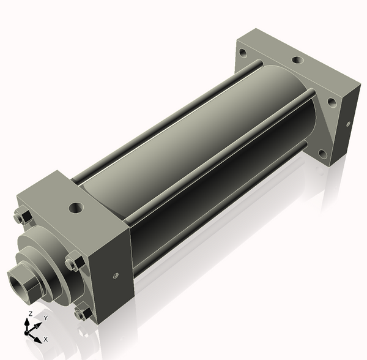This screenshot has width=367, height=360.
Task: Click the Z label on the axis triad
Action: tap(30, 313)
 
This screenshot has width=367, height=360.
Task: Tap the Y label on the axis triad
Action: tap(46, 318)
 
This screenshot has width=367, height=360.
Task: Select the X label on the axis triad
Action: tap(46, 339)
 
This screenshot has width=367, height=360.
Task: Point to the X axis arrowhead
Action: tap(38, 340)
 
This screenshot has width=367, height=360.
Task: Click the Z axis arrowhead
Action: tap(27, 322)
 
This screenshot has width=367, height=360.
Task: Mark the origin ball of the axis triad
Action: tap(26, 332)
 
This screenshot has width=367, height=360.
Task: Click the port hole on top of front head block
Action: tap(76, 208)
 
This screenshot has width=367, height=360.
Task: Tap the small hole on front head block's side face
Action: tap(116, 276)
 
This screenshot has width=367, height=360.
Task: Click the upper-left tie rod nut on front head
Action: tap(23, 217)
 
